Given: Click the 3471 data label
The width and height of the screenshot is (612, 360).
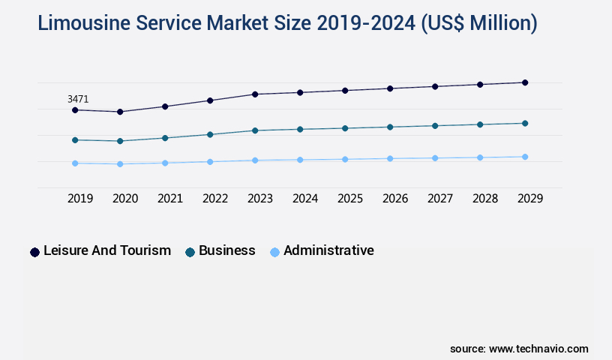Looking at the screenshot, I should click(78, 99).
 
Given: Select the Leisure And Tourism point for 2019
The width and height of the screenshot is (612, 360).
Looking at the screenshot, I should click(75, 110).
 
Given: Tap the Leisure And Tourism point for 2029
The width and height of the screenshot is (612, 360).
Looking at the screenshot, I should click(525, 82).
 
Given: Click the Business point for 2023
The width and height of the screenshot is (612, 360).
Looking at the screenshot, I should click(255, 130).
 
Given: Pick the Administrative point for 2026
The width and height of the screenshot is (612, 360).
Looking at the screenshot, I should click(390, 158).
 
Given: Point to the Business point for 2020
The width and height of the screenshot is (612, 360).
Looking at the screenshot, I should click(120, 141).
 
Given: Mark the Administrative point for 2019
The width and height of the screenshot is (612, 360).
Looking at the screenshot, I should click(75, 163).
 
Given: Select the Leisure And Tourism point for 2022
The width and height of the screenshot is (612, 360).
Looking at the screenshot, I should click(210, 100).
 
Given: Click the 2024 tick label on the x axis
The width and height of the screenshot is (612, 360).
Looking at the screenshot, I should click(305, 199).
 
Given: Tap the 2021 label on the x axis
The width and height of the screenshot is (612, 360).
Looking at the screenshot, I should click(170, 199).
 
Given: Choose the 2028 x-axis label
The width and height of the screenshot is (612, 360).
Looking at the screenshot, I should click(485, 199).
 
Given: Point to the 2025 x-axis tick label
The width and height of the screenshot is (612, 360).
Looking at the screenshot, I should click(350, 199).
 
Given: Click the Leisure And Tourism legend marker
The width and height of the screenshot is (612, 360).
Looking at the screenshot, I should click(34, 252).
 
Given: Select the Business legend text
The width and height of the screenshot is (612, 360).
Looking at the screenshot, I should click(226, 250).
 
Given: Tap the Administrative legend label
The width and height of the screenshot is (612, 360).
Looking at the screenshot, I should click(328, 250).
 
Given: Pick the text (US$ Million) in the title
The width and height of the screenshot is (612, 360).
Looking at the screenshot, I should click(478, 23).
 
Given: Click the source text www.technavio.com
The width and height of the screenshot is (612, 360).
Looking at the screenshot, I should click(538, 349).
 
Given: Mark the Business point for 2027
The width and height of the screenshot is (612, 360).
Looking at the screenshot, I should click(435, 125).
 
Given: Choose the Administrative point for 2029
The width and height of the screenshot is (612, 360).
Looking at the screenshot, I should click(525, 157).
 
